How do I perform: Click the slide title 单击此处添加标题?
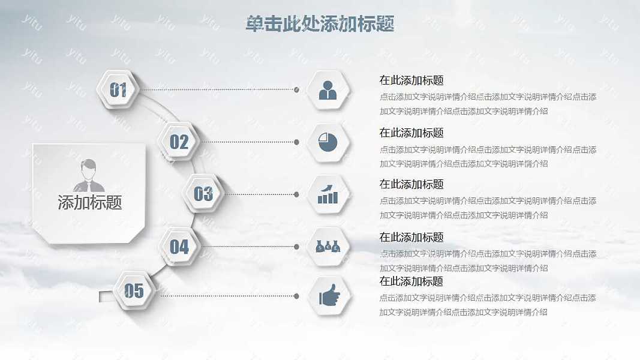point(320,23)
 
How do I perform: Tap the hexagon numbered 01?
point(118,89)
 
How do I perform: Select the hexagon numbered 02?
point(179,142)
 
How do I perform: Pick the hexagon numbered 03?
point(203,193)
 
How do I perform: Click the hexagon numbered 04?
point(179,247)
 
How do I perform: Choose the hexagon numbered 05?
point(134,290)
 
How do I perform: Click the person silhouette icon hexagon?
point(327,90)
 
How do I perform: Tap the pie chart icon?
point(327,142)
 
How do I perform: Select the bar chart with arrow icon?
point(327,194)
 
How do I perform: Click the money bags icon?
point(327,247)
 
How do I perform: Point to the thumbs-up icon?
point(329,295)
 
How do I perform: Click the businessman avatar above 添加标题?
point(89,176)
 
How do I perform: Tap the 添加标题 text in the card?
point(90,202)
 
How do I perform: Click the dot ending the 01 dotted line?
point(297,90)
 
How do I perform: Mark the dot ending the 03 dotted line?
point(297,194)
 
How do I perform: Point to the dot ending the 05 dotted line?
point(297,296)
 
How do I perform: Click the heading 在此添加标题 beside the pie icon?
point(411,133)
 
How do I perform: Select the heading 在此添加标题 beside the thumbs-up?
point(411,281)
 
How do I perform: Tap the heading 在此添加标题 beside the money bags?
point(411,237)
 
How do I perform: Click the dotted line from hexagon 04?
point(248,247)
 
